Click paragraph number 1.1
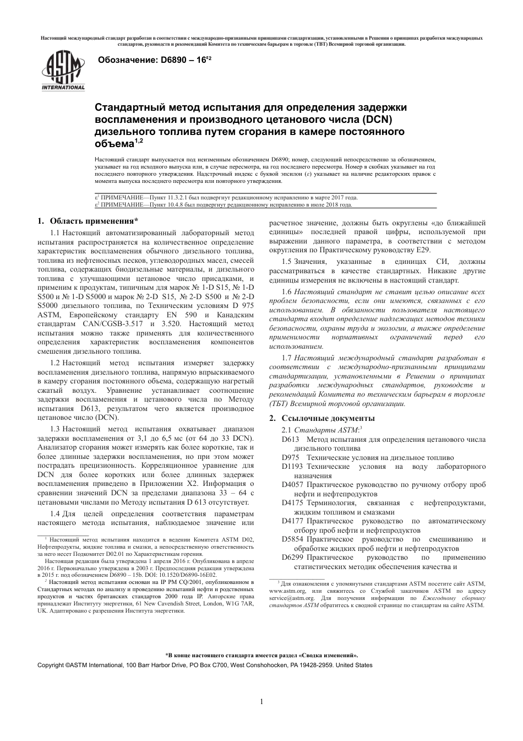tap(55, 233)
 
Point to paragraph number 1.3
tap(55, 429)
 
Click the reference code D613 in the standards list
tap(290, 440)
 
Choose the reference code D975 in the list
tap(290, 458)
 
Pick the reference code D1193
tap(292, 467)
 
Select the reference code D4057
tap(292, 485)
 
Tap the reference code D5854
tap(292, 539)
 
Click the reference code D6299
tap(292, 558)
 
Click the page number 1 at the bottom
tap(261, 701)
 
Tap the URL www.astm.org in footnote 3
tap(287, 590)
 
